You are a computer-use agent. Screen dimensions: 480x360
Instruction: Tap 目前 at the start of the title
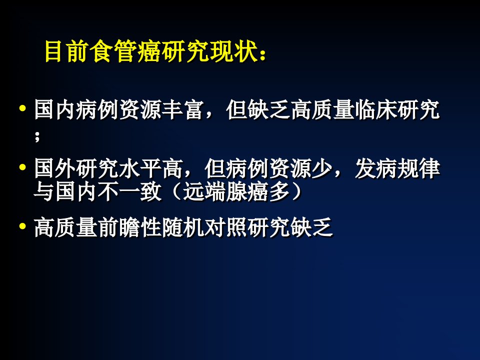(x=66, y=51)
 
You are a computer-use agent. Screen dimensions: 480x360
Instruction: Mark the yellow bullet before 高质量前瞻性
(x=22, y=226)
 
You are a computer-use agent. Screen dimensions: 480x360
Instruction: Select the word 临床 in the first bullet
(x=376, y=109)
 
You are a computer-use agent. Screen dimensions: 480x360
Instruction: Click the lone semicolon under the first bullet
(x=37, y=136)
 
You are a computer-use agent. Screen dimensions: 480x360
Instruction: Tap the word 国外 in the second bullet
(x=55, y=168)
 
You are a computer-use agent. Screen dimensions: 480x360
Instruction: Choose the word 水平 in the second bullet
(x=140, y=168)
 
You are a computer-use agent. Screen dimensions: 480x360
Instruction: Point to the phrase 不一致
(x=130, y=192)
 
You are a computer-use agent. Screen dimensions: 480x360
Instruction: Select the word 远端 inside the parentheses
(x=204, y=192)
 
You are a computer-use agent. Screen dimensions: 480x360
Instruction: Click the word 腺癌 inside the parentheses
(x=247, y=192)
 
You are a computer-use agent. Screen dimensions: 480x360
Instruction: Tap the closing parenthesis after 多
(x=296, y=192)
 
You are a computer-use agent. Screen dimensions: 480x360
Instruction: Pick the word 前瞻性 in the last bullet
(x=130, y=228)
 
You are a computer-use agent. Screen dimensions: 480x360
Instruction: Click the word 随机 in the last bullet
(x=183, y=228)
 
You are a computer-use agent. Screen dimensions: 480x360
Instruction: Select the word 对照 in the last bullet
(x=226, y=228)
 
